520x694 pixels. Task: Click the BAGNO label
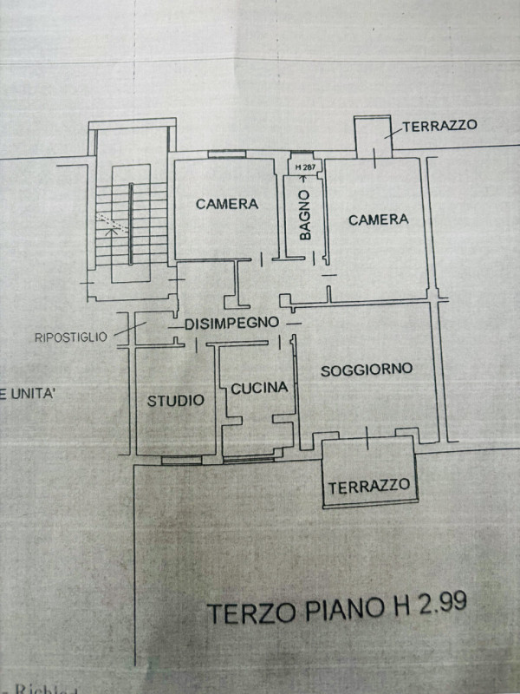click(304, 214)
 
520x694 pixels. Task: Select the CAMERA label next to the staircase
click(226, 205)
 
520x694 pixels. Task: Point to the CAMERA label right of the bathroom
click(378, 219)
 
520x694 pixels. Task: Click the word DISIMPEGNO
click(231, 323)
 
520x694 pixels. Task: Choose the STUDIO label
click(175, 400)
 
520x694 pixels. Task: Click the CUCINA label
click(259, 389)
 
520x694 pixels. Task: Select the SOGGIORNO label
click(367, 370)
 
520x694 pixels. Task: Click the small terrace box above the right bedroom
click(374, 136)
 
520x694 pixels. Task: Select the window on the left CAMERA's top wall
click(227, 154)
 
